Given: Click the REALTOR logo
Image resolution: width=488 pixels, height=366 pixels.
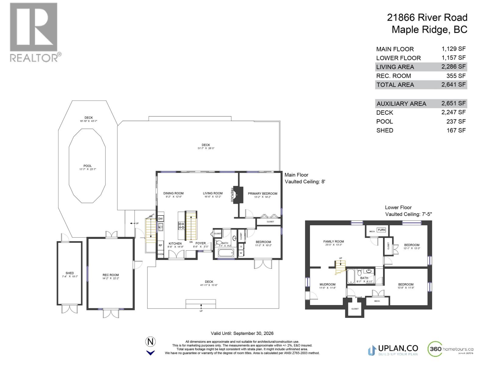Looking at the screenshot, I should point(34,32).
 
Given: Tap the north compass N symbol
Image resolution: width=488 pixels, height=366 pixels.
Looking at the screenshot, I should point(150,342).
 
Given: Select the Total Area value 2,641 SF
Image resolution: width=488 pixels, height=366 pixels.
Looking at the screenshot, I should point(453,84).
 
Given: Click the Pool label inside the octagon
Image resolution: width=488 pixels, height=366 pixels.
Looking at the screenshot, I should point(88,166).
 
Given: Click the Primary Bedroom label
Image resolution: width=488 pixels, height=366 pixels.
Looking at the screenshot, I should point(262,194).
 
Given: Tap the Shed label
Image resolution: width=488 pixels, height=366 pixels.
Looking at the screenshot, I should point(70,273).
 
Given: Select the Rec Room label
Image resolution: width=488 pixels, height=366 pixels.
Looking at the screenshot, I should point(110,275).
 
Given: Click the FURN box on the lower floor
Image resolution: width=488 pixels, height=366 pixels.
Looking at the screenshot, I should point(381,230).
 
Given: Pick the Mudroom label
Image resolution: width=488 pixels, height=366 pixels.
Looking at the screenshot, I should point(327,285).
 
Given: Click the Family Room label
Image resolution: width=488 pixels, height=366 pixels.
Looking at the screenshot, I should point(333,242).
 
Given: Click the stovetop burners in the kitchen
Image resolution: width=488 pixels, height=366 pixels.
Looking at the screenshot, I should point(181,226).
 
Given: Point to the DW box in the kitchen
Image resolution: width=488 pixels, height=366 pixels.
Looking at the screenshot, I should point(160,219).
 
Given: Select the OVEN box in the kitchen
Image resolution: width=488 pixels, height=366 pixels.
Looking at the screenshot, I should point(160,254).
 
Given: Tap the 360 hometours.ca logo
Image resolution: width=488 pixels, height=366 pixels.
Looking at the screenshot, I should point(451,349).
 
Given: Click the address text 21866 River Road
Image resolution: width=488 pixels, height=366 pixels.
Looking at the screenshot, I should point(427,17).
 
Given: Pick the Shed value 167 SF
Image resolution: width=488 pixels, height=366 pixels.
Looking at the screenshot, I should point(456,130).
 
